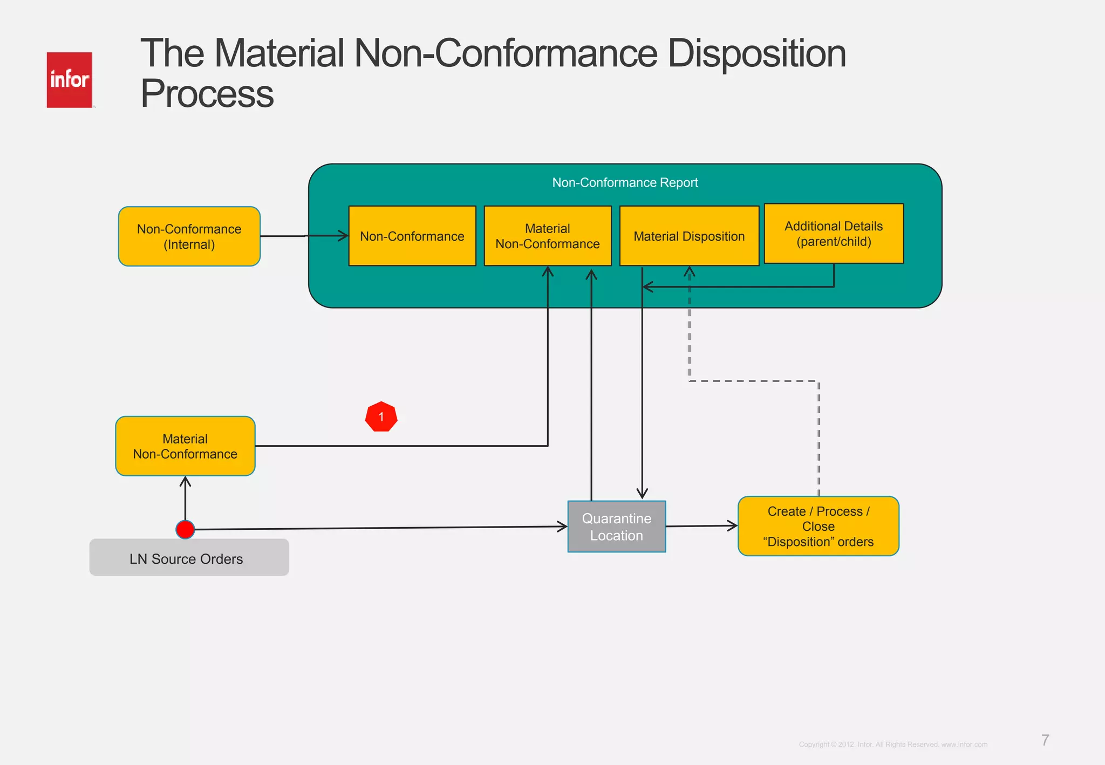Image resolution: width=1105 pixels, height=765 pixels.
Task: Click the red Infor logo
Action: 69,80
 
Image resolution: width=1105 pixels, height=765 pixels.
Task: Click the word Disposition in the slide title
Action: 756,54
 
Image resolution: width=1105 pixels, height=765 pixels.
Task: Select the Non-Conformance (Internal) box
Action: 189,236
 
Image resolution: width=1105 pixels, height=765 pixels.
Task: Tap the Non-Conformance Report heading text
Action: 625,183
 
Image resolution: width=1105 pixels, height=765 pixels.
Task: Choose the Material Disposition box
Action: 689,236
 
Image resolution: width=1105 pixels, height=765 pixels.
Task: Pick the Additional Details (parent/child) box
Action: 834,234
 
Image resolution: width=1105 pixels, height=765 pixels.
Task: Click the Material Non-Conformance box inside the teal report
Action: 547,236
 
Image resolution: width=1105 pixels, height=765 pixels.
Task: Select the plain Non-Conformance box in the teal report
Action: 412,236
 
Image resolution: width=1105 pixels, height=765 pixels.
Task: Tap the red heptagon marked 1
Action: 381,417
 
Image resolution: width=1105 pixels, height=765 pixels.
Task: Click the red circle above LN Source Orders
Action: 185,530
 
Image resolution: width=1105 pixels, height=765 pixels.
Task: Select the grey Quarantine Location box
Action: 616,527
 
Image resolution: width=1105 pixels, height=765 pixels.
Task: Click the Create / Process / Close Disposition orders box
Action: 818,526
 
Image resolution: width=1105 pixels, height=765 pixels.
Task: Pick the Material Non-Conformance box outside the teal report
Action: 185,446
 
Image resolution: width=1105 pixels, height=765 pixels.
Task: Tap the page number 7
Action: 1045,740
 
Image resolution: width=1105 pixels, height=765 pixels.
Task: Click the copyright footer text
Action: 893,744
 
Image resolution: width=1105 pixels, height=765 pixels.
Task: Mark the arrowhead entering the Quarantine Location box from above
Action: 642,494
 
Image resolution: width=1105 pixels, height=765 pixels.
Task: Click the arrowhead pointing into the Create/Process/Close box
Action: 733,525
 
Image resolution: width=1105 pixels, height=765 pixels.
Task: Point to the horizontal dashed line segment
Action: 754,381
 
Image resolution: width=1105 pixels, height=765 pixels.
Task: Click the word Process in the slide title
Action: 207,94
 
